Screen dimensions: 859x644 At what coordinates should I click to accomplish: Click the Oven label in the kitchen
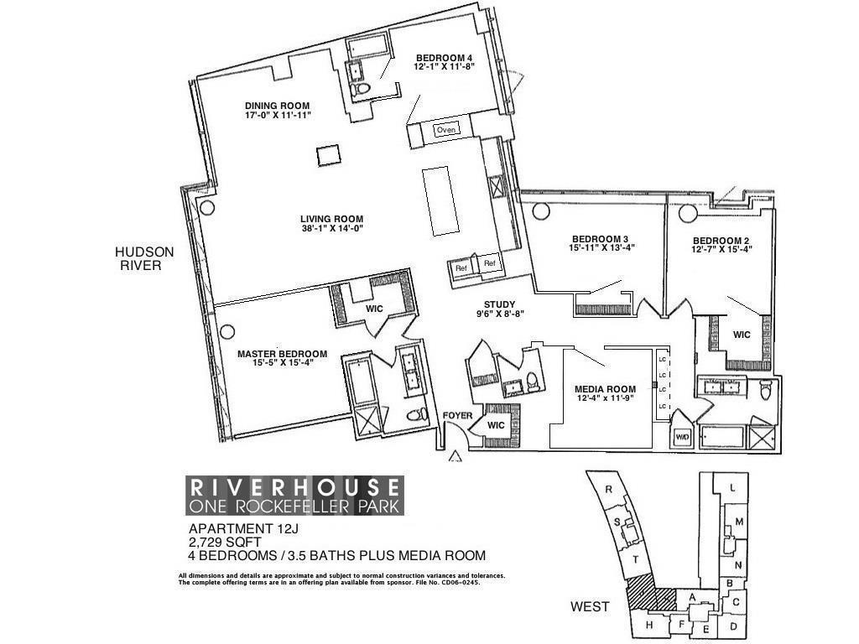(x=445, y=130)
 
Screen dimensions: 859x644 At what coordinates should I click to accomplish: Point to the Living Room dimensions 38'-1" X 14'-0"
(x=331, y=229)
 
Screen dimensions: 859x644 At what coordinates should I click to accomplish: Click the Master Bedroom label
(x=282, y=354)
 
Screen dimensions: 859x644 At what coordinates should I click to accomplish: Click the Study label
(x=500, y=304)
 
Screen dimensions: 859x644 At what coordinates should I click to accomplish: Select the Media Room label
(x=602, y=389)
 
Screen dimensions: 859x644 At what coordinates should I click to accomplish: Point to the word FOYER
(x=458, y=416)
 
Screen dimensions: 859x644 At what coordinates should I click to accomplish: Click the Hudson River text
(x=144, y=258)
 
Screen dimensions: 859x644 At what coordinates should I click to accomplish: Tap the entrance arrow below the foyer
(x=456, y=456)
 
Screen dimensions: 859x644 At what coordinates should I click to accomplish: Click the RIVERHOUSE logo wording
(x=294, y=486)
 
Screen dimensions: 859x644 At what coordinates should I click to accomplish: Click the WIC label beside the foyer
(x=496, y=425)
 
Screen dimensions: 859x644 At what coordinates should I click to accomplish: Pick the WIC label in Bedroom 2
(x=742, y=335)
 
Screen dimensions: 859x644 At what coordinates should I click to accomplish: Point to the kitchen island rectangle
(x=440, y=201)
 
